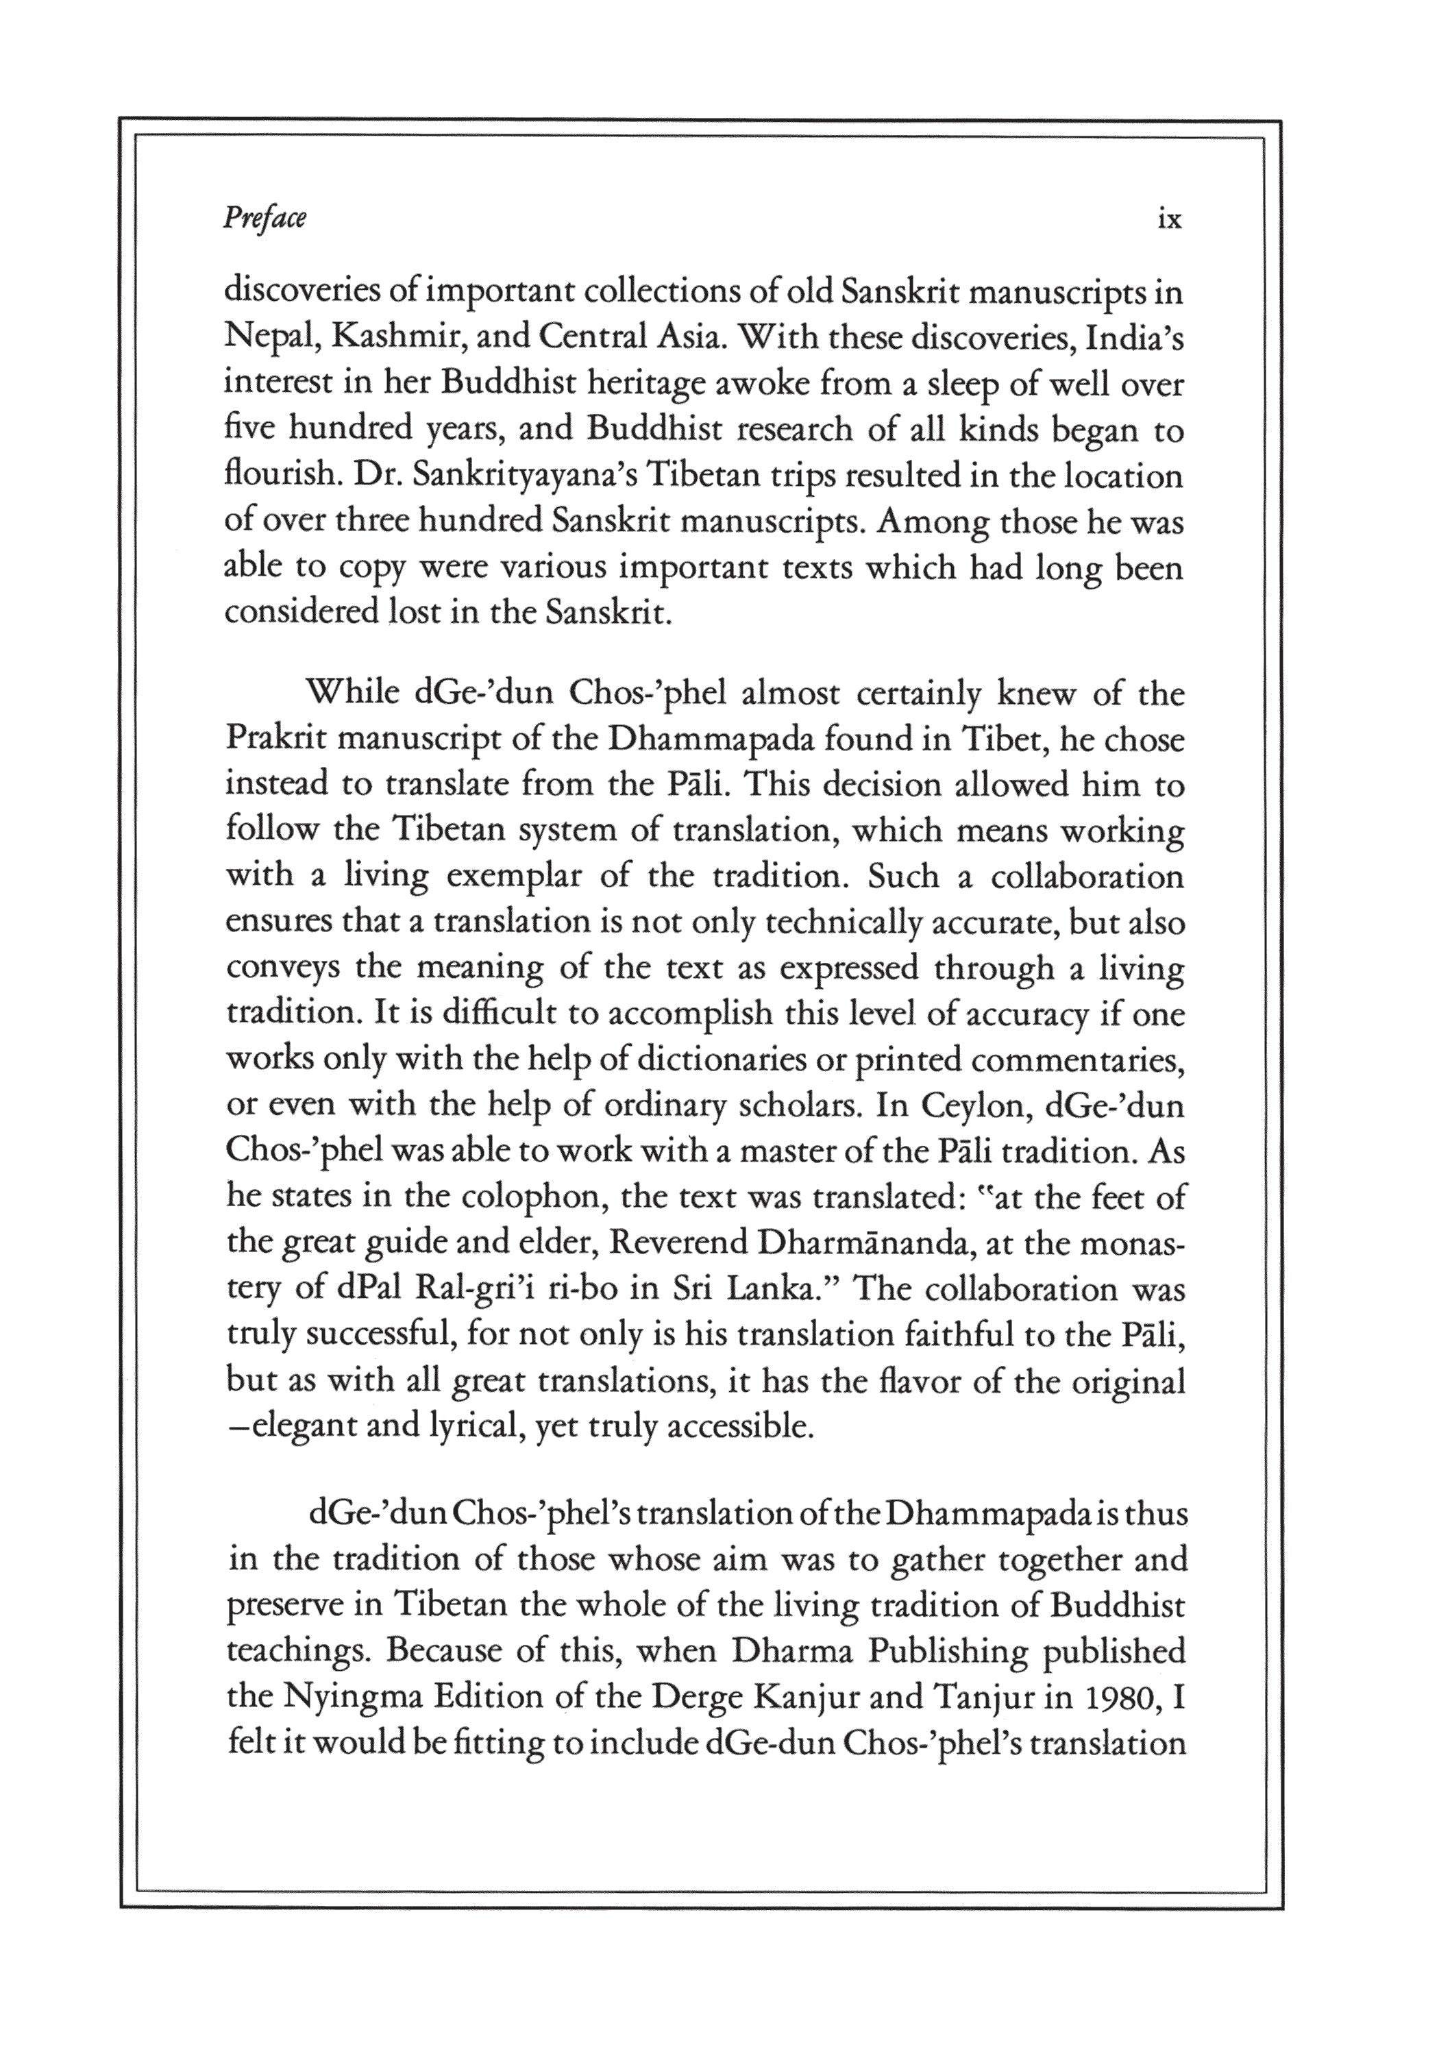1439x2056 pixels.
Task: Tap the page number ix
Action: click(x=1170, y=219)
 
